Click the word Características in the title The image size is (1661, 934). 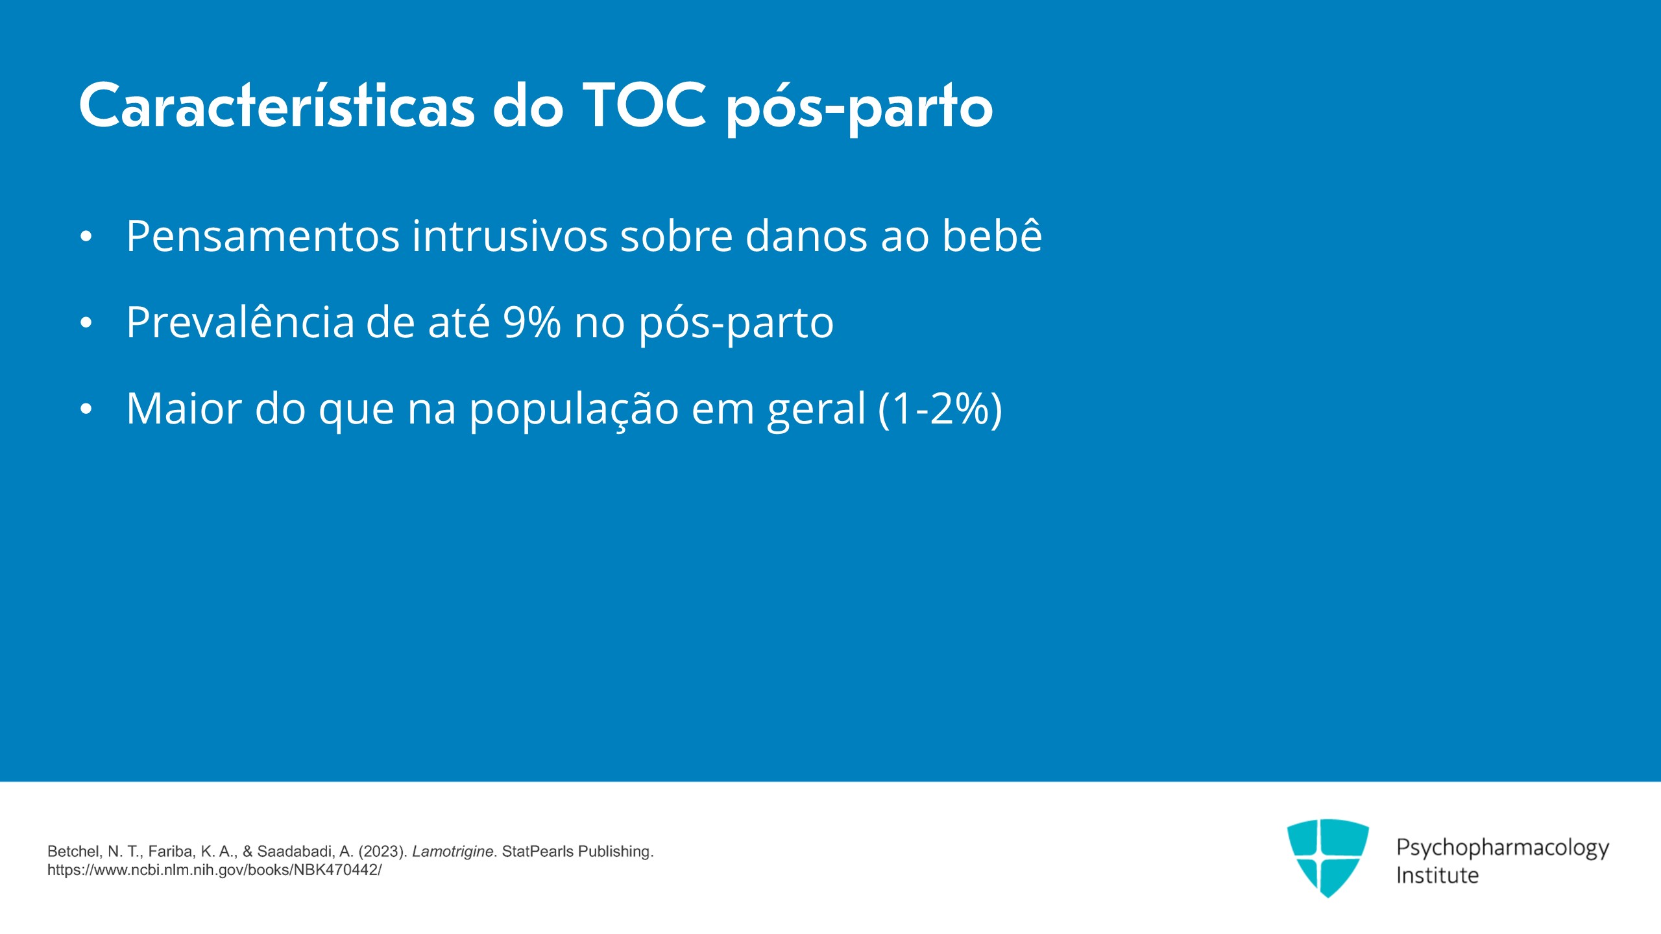(277, 106)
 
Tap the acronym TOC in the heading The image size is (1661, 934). (644, 106)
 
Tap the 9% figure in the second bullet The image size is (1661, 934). (532, 322)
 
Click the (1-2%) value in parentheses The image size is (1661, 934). (940, 409)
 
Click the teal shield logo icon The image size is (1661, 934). (1328, 858)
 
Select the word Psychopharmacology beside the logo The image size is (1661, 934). (1503, 848)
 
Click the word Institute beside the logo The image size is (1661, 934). (1437, 875)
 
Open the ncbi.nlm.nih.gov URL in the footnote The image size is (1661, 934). (215, 870)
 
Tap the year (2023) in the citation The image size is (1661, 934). (383, 852)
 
